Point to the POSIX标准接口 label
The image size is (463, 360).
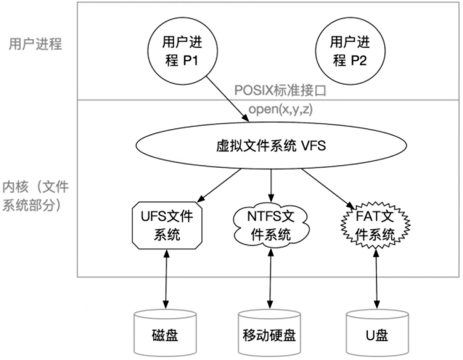tap(279, 91)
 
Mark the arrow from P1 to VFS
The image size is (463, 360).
tap(226, 98)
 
